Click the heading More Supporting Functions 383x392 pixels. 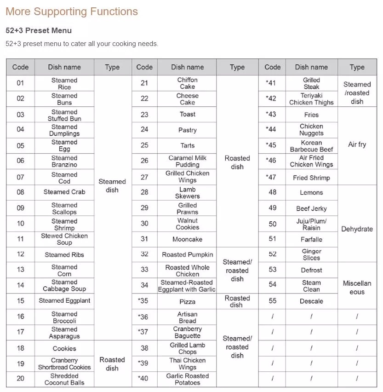pyautogui.click(x=72, y=12)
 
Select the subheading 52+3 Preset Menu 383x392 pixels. pyautogui.click(x=39, y=31)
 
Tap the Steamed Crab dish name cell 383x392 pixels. pyautogui.click(x=64, y=192)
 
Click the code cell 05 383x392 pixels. pyautogui.click(x=20, y=146)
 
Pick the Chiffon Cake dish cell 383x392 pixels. pyautogui.click(x=187, y=83)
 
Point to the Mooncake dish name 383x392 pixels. pyautogui.click(x=187, y=239)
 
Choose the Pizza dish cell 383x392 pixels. pyautogui.click(x=187, y=302)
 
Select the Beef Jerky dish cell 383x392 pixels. pyautogui.click(x=311, y=208)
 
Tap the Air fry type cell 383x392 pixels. pyautogui.click(x=357, y=144)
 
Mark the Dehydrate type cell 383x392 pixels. pyautogui.click(x=357, y=229)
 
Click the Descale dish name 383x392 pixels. pyautogui.click(x=311, y=301)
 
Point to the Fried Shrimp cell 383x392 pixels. pyautogui.click(x=311, y=178)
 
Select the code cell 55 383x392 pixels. pyautogui.click(x=272, y=301)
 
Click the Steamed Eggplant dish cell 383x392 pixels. pyautogui.click(x=64, y=301)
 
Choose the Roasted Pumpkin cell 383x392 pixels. pyautogui.click(x=187, y=254)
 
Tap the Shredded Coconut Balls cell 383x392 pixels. pyautogui.click(x=64, y=379)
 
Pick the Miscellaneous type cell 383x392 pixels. pyautogui.click(x=357, y=288)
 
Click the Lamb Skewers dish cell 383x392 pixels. pyautogui.click(x=187, y=193)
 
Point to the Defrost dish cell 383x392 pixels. pyautogui.click(x=311, y=270)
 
